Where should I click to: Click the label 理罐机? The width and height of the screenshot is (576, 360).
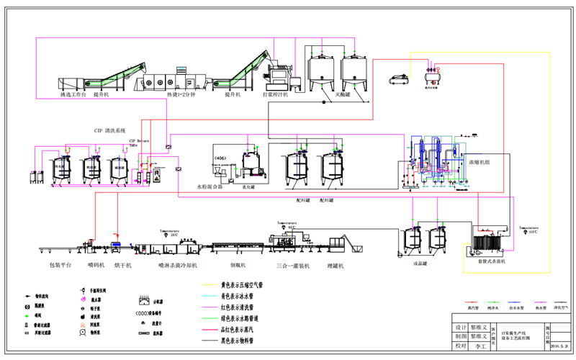336,265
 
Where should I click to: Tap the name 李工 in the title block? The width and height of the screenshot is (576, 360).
479,346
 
